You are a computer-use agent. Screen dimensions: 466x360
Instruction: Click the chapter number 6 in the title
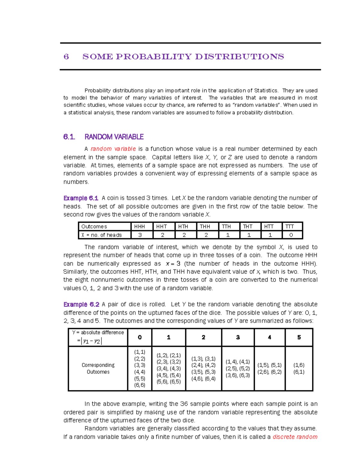66,57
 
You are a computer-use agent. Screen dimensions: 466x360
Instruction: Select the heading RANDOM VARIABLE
114,137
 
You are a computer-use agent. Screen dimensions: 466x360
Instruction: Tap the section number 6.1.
69,137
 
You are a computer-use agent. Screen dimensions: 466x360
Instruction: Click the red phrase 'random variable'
113,149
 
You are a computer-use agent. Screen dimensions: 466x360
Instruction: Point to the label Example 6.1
81,198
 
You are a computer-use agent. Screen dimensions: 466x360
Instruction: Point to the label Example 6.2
81,304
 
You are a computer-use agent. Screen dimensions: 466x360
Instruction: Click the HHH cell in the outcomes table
139,227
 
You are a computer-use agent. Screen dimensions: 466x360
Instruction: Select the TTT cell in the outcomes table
289,227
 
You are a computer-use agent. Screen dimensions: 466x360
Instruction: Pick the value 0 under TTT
291,235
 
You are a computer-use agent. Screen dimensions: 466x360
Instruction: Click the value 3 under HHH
140,235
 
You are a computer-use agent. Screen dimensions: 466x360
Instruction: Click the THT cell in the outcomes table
247,227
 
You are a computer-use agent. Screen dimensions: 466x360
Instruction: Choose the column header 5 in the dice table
299,337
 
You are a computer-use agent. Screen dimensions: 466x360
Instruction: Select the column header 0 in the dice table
140,337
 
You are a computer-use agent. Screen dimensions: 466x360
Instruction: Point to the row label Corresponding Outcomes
98,368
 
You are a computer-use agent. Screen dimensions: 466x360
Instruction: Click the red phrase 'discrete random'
295,437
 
